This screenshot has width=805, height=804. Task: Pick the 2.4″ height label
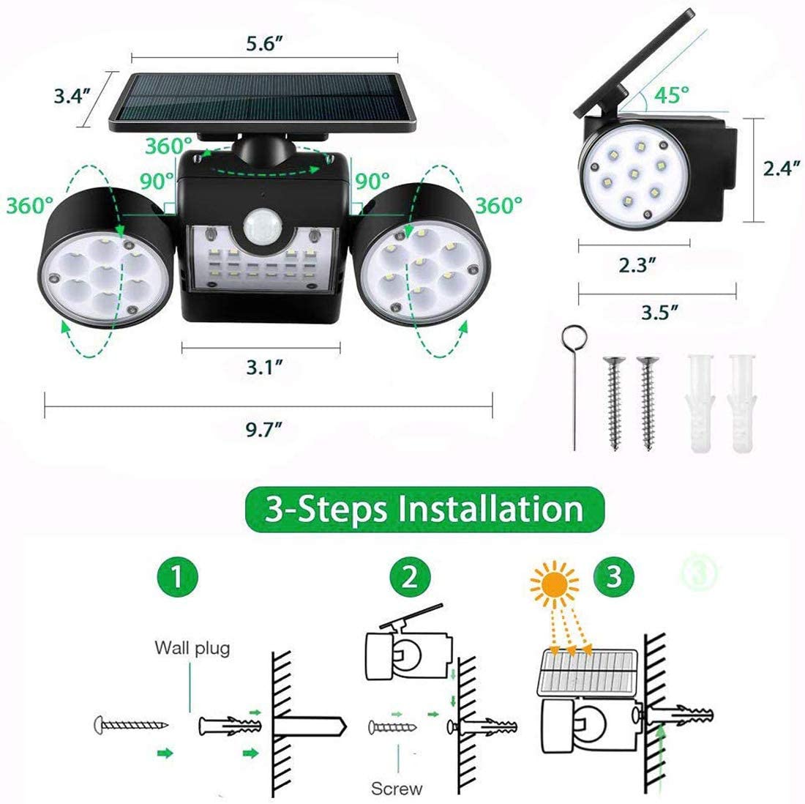(x=779, y=168)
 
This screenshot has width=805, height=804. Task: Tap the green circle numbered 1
(x=176, y=576)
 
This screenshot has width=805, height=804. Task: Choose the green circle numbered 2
(x=410, y=576)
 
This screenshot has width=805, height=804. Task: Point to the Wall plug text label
(x=192, y=647)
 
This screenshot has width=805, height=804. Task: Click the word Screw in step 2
(x=397, y=788)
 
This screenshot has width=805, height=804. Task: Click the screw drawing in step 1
(x=132, y=725)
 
